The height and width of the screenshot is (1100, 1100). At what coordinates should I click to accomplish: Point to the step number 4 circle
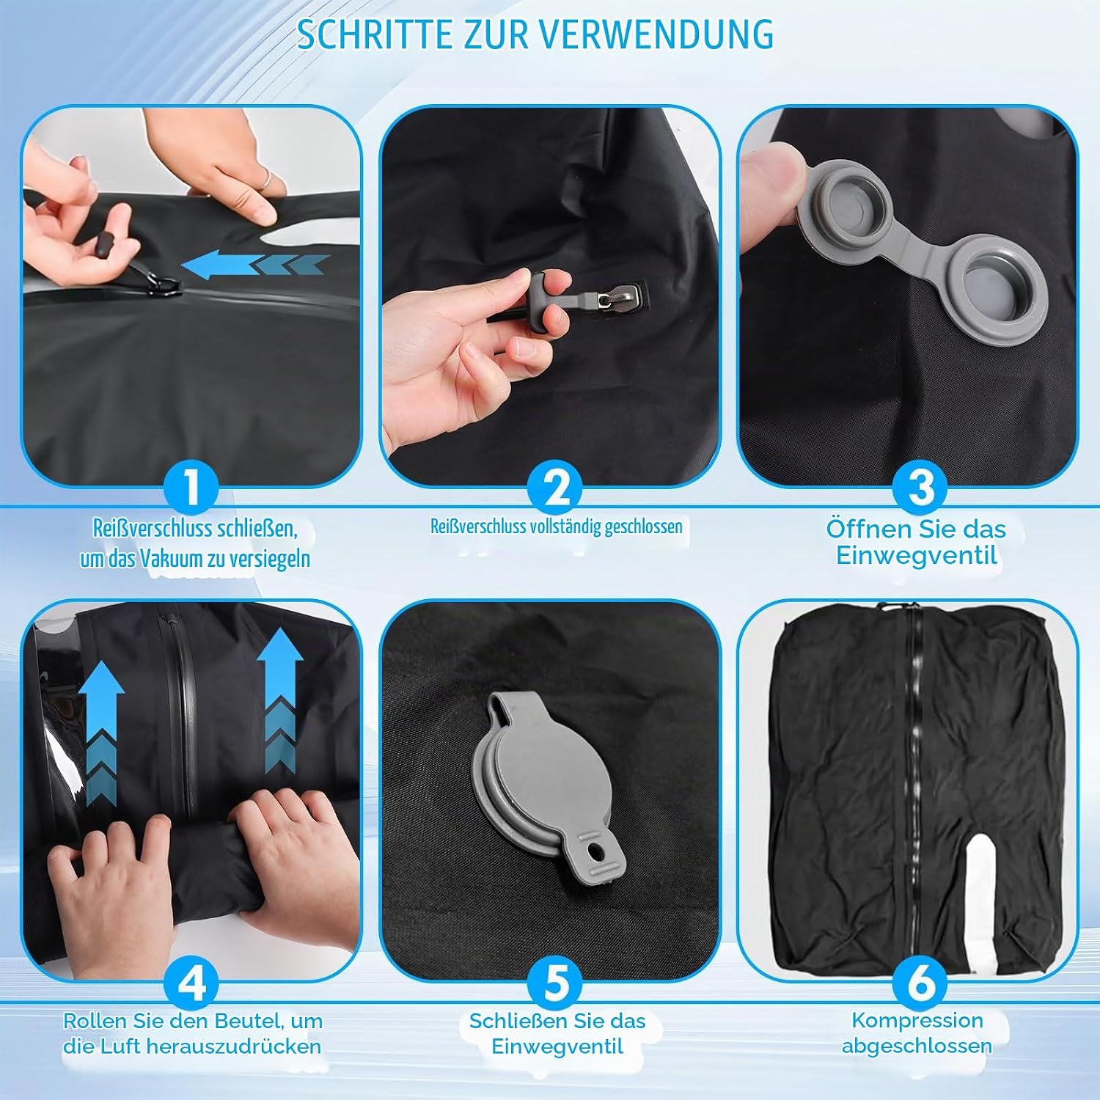coord(191,983)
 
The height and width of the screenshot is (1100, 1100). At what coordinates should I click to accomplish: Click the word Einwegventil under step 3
coord(917,555)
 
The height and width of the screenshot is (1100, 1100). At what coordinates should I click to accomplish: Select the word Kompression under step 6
coord(917,1020)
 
